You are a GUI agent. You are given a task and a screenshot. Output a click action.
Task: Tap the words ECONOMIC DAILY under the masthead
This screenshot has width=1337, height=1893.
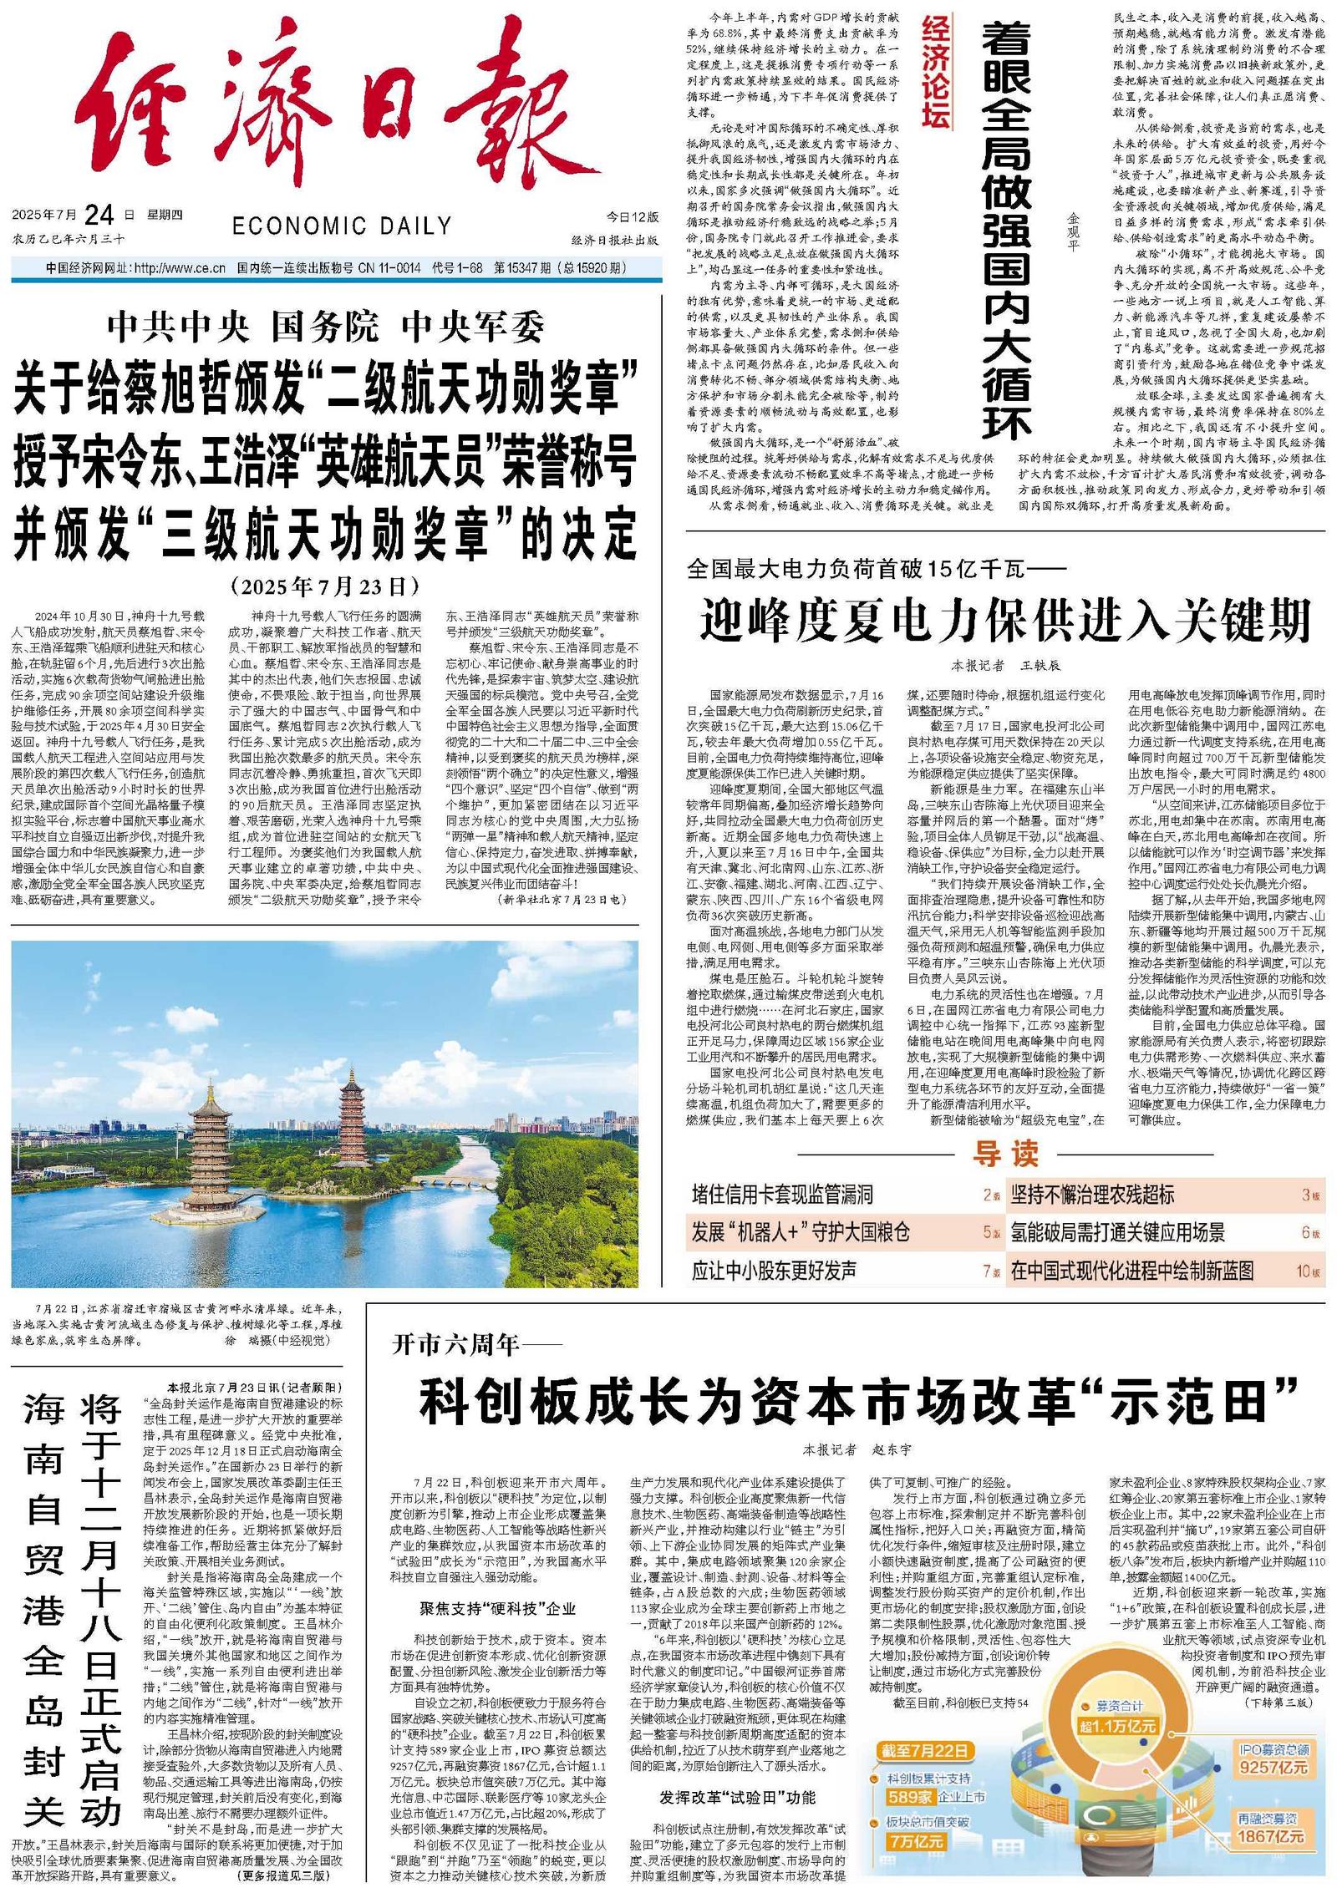341,226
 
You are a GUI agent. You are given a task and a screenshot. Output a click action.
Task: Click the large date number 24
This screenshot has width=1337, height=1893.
99,216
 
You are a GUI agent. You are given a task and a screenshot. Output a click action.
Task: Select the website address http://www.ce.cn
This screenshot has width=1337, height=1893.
180,268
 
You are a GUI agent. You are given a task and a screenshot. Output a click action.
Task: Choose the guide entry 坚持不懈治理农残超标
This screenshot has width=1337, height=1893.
1092,1194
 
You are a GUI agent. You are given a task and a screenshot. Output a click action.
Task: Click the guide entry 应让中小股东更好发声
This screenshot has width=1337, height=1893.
774,1271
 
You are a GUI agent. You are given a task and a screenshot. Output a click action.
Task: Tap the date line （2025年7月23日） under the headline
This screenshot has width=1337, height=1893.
325,585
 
